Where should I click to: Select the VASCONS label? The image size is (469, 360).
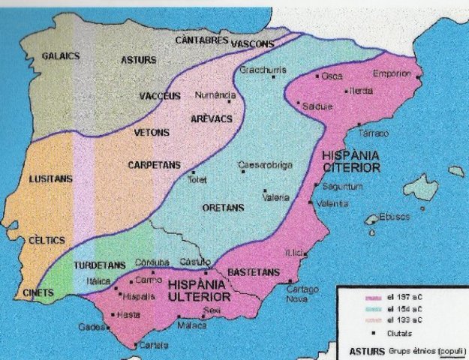pyautogui.click(x=253, y=43)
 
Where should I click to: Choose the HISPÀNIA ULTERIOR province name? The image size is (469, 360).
pyautogui.click(x=199, y=290)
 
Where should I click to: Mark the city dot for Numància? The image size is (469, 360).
pyautogui.click(x=229, y=101)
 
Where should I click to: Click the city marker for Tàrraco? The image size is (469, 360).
pyautogui.click(x=359, y=124)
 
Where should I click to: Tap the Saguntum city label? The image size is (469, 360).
pyautogui.click(x=343, y=186)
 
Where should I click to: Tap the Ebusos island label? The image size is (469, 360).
pyautogui.click(x=395, y=216)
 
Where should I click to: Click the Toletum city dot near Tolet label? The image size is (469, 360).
pyautogui.click(x=189, y=172)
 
